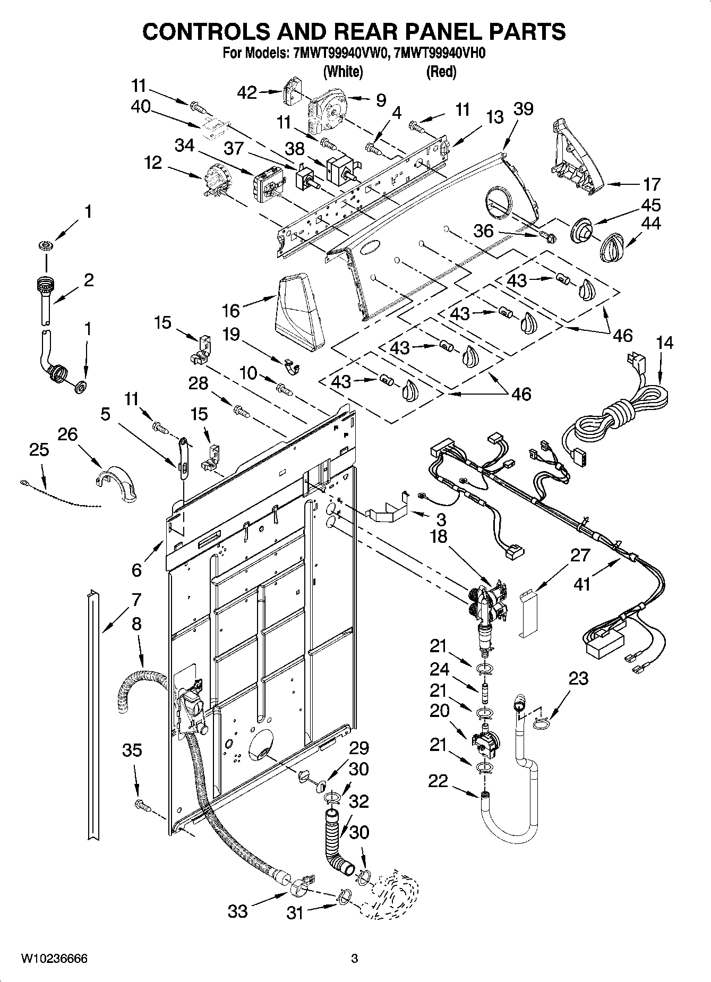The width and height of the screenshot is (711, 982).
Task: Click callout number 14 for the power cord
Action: click(664, 343)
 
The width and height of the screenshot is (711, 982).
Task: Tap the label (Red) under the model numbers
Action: click(441, 72)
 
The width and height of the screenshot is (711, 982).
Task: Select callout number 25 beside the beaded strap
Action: click(39, 449)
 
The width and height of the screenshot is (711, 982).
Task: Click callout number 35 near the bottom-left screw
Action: click(132, 750)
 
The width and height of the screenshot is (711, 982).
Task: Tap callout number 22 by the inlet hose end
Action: click(439, 781)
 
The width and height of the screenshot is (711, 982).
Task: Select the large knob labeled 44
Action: click(612, 247)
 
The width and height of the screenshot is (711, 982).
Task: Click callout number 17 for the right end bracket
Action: click(652, 184)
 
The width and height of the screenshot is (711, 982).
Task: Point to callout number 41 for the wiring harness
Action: click(582, 584)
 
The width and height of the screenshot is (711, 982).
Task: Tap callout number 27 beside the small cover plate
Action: click(580, 555)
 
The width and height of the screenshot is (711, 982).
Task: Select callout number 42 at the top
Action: click(246, 93)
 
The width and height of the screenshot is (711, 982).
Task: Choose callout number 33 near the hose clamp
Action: click(237, 911)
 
